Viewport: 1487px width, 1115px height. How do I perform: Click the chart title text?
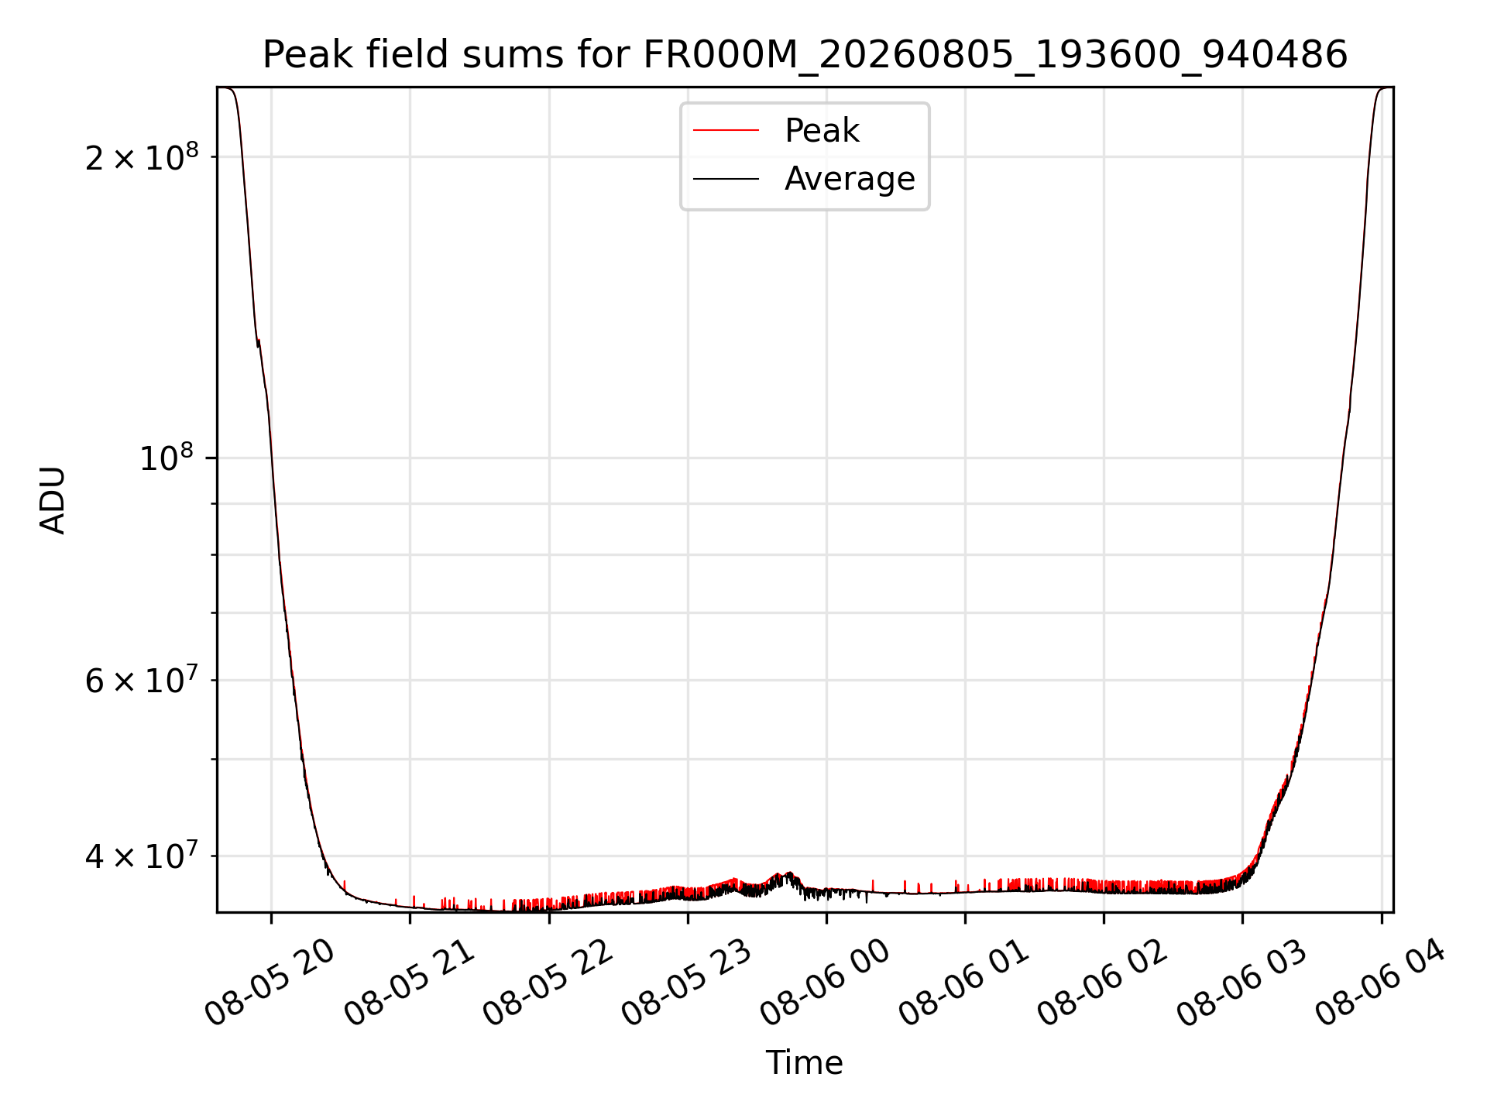tap(805, 55)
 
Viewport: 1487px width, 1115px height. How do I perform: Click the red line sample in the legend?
tap(726, 130)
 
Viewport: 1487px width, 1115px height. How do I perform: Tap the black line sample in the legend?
tap(726, 179)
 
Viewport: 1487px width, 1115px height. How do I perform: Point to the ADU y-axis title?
tap(53, 500)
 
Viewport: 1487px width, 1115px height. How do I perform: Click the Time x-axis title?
tap(805, 1063)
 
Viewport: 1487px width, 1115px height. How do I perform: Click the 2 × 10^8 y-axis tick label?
tap(142, 157)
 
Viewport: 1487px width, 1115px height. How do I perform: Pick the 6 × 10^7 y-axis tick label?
tap(142, 681)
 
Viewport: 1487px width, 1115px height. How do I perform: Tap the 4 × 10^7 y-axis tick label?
tap(142, 856)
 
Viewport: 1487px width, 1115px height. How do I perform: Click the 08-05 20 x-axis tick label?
tap(270, 982)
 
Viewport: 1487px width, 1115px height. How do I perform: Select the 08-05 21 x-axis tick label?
tap(409, 982)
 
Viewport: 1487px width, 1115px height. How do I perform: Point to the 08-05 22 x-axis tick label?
tap(548, 982)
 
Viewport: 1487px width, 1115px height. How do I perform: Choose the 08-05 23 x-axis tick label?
tap(686, 982)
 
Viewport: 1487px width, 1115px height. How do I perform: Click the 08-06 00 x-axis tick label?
tap(825, 982)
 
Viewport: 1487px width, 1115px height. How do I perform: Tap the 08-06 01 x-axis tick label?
tap(963, 982)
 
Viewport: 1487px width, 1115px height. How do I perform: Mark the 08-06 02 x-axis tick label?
tap(1102, 982)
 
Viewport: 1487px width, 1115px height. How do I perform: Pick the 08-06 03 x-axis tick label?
tap(1241, 982)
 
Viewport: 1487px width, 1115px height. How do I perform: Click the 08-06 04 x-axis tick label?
tap(1380, 982)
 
